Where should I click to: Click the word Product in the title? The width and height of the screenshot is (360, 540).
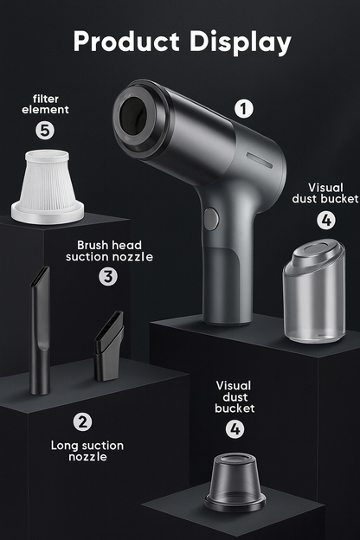point(126,42)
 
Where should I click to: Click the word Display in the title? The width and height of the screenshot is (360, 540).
point(240,42)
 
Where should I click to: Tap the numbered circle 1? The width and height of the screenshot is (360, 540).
point(244,109)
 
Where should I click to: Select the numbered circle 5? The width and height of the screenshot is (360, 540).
point(45,130)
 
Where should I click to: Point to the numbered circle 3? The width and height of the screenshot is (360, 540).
point(108,277)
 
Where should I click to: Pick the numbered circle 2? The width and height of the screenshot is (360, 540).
point(83,421)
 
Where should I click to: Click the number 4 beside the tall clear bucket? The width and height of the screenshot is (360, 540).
point(326,220)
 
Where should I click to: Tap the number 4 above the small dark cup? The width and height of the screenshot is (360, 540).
point(235,429)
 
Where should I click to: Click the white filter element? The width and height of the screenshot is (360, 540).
point(48,187)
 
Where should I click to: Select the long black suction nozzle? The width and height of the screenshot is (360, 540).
point(41,331)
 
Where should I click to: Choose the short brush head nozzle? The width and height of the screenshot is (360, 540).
point(109,346)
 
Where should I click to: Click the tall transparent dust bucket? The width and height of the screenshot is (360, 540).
point(313,292)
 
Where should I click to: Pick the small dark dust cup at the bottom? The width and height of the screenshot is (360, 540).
point(235,482)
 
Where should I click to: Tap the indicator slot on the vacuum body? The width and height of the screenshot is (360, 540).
point(260,160)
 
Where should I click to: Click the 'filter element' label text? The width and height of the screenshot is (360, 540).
point(46,105)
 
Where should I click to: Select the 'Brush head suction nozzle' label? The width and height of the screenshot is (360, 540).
point(109,251)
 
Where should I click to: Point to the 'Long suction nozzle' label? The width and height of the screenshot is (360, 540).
point(87,451)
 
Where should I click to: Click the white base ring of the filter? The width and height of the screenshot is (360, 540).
point(48,214)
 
